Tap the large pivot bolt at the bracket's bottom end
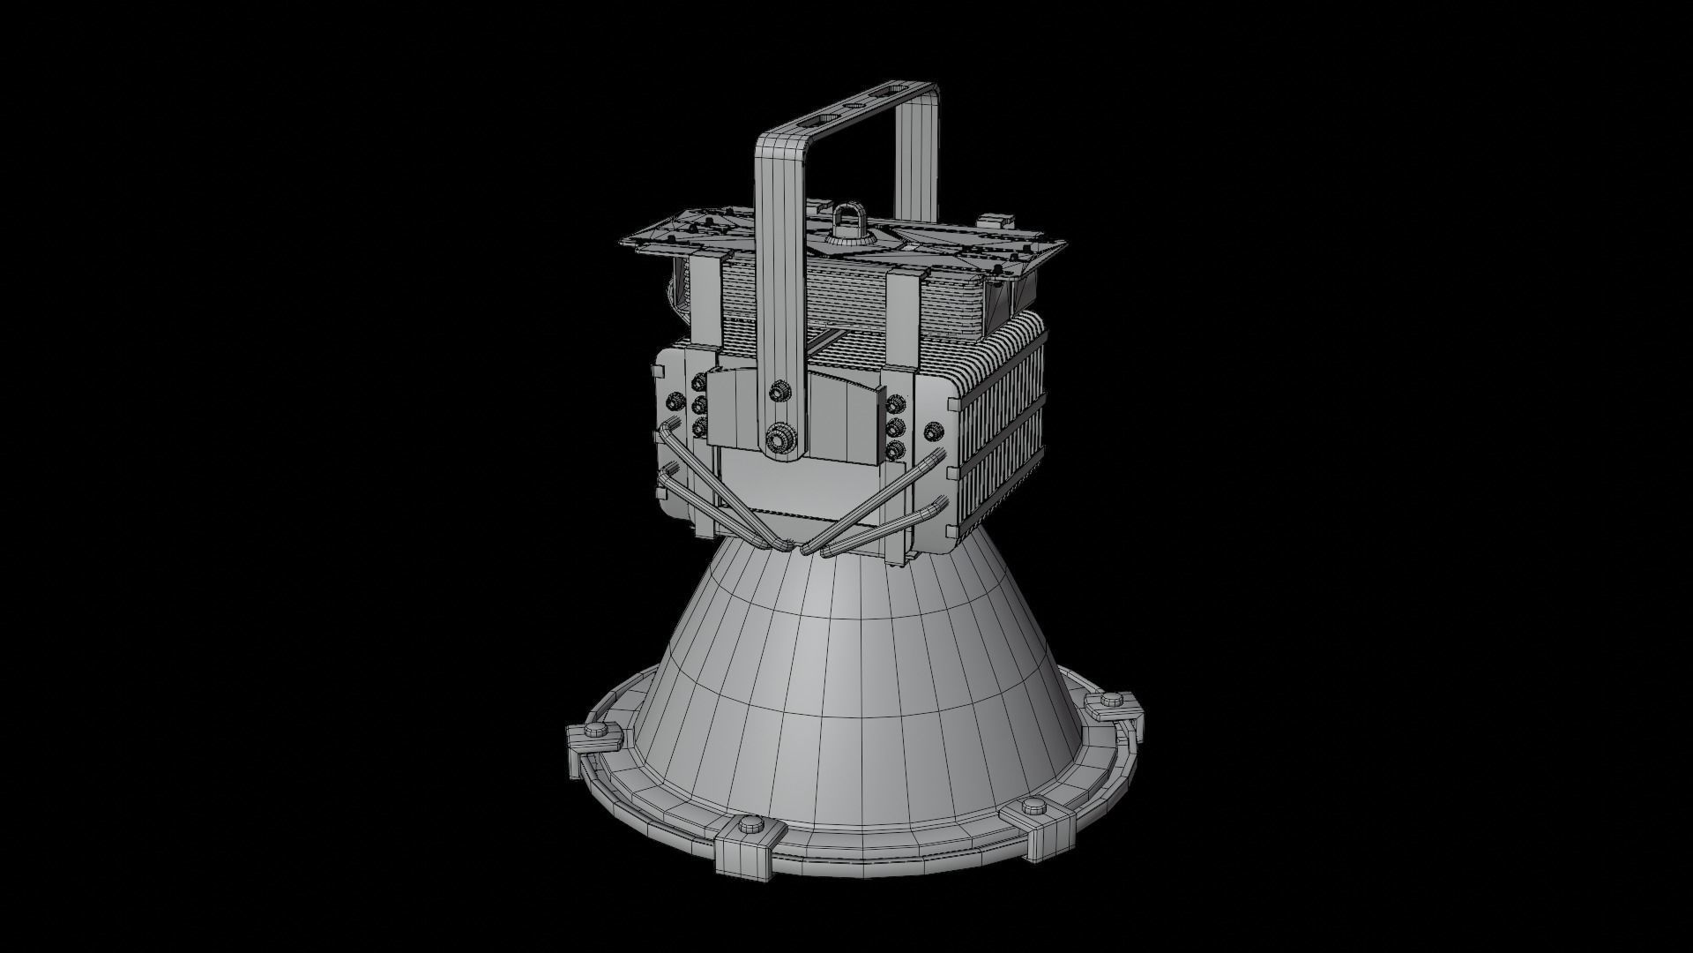click(x=779, y=438)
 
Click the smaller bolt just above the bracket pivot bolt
click(x=779, y=390)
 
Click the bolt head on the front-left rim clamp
click(x=750, y=825)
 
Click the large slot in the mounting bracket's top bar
click(x=893, y=94)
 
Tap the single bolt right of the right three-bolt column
click(x=932, y=431)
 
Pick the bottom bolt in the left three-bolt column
click(x=700, y=428)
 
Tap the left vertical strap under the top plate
click(x=705, y=300)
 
